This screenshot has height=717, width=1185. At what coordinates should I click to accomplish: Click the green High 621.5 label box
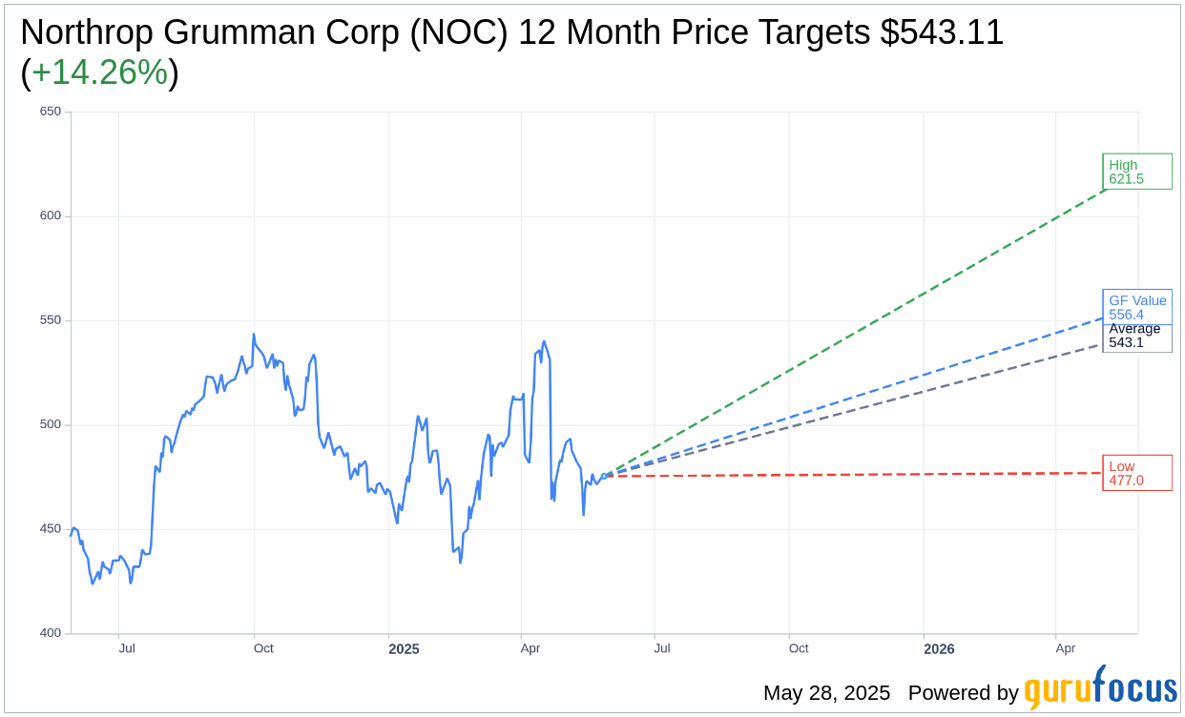(1136, 172)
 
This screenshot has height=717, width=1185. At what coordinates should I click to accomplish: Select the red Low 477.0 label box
(1136, 473)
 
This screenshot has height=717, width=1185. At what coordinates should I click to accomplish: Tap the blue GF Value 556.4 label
(1136, 306)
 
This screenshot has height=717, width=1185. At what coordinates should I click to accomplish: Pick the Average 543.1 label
(1135, 337)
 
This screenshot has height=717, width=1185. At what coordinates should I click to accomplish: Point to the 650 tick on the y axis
(50, 112)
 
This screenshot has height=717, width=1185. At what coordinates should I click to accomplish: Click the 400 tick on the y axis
(50, 633)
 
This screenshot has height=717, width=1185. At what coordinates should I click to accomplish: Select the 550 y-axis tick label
(50, 320)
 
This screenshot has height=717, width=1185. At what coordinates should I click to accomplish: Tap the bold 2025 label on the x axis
(404, 649)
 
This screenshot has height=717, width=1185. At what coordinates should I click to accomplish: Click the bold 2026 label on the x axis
(939, 649)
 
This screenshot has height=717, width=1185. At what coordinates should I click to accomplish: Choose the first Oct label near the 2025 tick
(263, 648)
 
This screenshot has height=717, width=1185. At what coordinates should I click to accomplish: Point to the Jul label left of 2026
(661, 648)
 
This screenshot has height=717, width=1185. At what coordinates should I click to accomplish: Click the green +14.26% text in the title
(99, 73)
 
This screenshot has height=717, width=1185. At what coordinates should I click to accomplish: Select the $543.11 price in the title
(941, 33)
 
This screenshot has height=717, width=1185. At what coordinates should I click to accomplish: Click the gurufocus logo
(1100, 688)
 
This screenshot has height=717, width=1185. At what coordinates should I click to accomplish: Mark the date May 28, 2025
(826, 693)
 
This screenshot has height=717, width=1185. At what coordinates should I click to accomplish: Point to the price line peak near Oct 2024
(253, 335)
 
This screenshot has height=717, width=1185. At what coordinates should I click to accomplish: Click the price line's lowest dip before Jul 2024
(93, 583)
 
